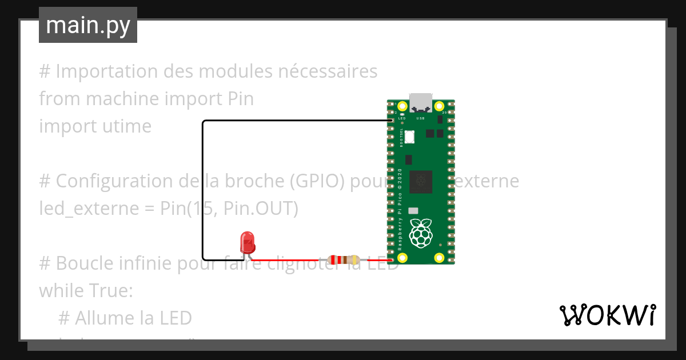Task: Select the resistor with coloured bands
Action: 344,261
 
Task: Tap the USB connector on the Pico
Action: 421,102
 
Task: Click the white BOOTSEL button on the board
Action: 409,136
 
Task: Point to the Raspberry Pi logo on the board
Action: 422,233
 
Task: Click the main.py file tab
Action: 88,25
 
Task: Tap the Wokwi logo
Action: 607,315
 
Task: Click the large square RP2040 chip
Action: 421,182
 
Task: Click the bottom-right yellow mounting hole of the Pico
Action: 440,258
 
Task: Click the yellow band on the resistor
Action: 355,261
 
